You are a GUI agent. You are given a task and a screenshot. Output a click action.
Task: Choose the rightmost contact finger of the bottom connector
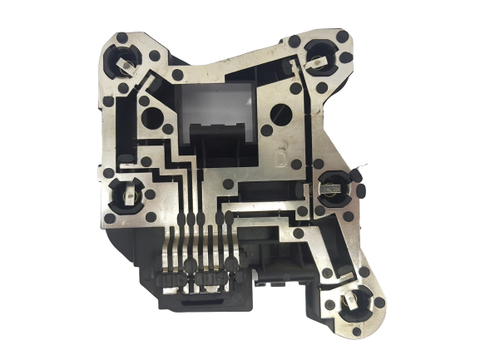(228, 249)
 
